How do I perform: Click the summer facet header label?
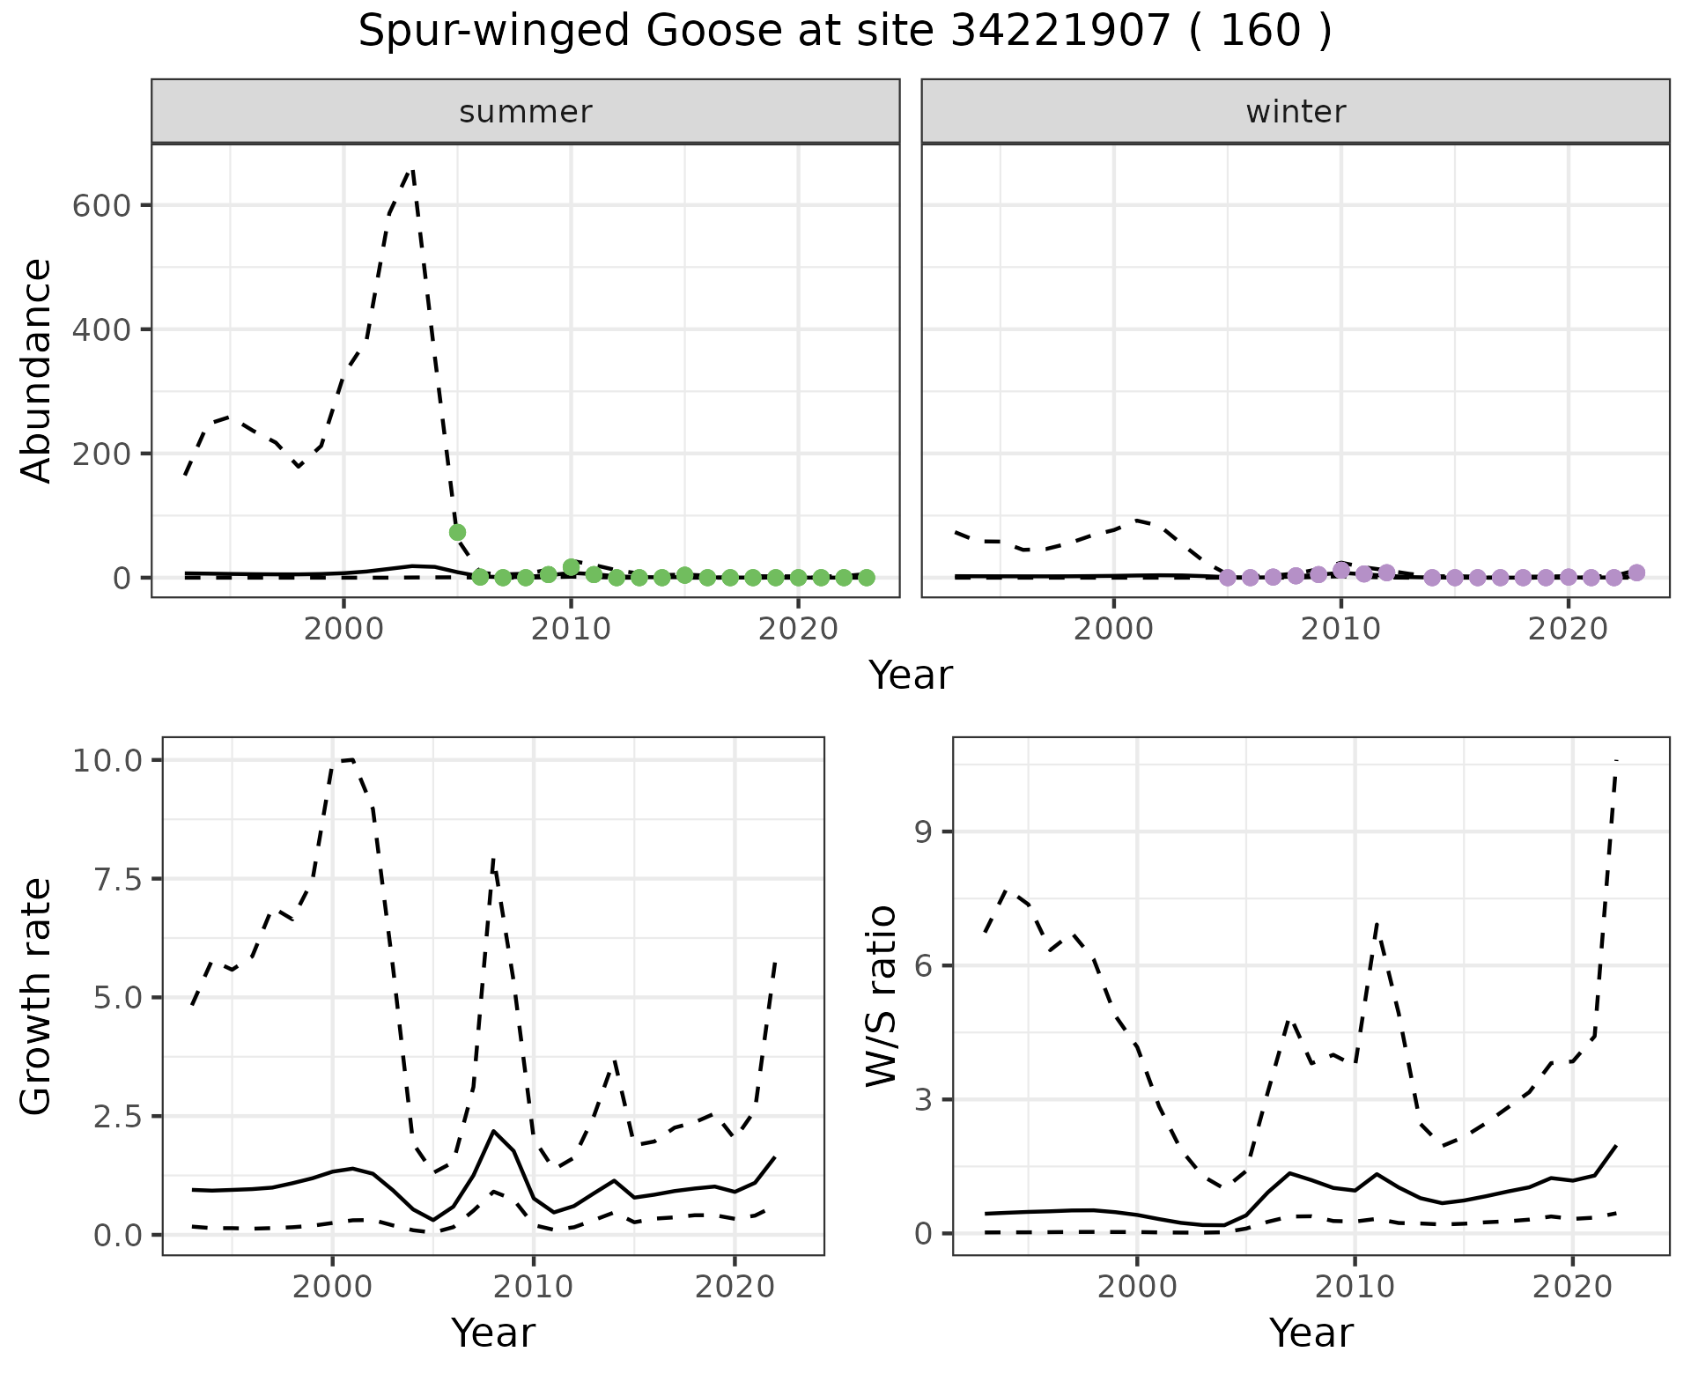(x=526, y=112)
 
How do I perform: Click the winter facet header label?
(x=1296, y=112)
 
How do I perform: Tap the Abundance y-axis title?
(x=37, y=371)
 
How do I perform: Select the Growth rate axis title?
(x=37, y=996)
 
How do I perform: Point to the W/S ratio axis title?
(x=882, y=996)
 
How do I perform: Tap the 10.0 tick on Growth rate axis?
(x=107, y=760)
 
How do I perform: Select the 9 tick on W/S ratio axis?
(x=923, y=832)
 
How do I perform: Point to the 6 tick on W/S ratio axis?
(x=923, y=966)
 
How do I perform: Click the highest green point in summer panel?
(x=457, y=532)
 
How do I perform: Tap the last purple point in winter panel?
(x=1636, y=572)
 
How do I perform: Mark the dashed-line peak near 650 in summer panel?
(x=412, y=169)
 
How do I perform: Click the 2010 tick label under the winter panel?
(x=1340, y=630)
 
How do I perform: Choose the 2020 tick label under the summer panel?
(x=798, y=630)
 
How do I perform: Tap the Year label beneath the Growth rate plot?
(x=493, y=1333)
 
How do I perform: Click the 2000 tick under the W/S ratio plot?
(x=1137, y=1287)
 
